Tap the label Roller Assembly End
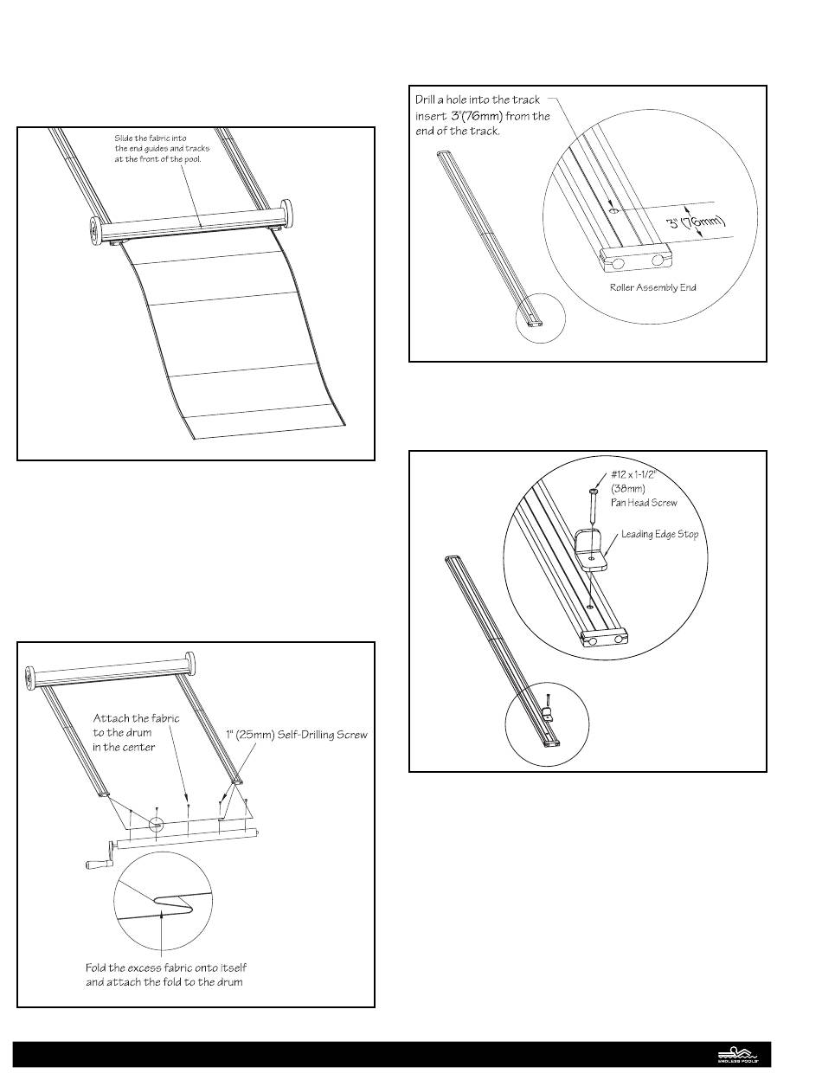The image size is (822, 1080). coord(655,286)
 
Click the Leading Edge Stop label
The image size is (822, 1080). coord(659,535)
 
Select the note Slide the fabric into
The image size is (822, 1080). coord(163,148)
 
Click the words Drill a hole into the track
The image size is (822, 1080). coord(478,100)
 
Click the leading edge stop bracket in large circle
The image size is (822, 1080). coord(592,550)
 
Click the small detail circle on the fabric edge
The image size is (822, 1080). coord(156,823)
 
